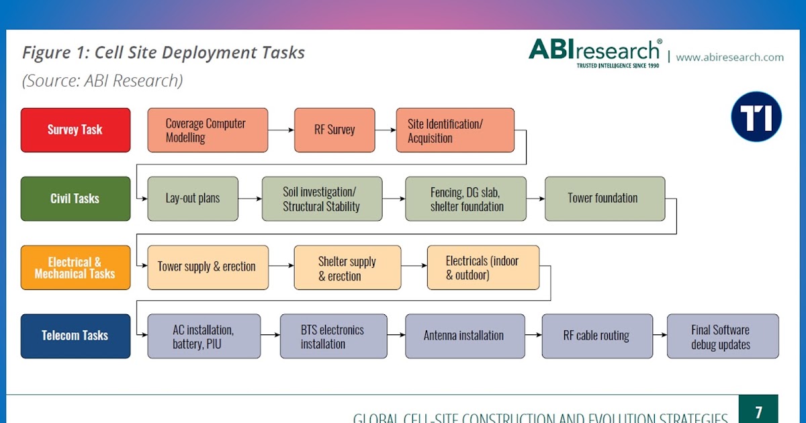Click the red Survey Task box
point(75,130)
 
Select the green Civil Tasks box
point(75,199)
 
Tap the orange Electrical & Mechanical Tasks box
point(75,267)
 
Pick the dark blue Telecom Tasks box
point(75,336)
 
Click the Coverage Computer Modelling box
point(208,130)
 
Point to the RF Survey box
point(334,130)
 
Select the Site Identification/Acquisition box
point(455,130)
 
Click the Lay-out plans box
point(193,199)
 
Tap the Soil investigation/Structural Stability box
point(322,199)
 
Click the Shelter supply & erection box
point(347,267)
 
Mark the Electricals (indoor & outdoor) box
point(483,267)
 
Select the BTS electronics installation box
point(333,336)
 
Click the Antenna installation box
point(463,336)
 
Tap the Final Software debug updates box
point(722,336)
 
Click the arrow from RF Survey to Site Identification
point(385,130)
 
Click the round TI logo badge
point(756,117)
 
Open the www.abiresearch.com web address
point(729,57)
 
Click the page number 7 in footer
point(758,412)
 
